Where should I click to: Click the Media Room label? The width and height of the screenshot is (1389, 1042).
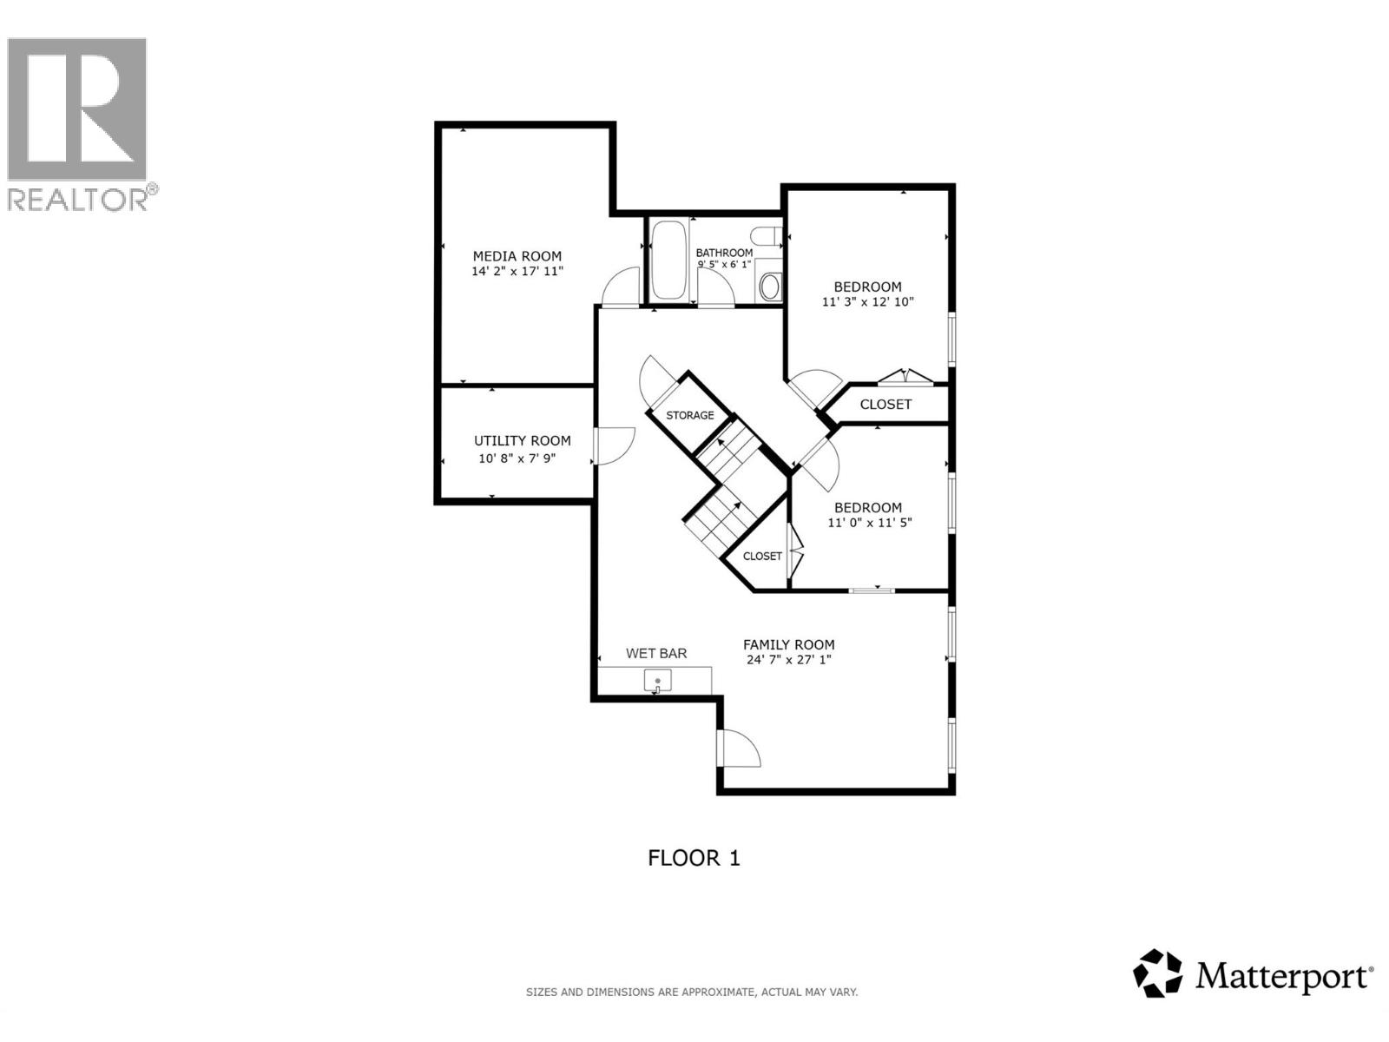517,256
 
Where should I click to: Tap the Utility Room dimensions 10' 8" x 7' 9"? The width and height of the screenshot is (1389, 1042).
517,458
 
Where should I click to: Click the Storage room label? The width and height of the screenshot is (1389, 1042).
690,415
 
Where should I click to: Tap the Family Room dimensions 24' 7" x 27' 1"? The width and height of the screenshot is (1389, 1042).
789,660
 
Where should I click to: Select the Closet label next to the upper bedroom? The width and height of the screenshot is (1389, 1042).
885,404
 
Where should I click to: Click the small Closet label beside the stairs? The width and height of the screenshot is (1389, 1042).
762,556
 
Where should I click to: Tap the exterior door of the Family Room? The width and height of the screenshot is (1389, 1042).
738,749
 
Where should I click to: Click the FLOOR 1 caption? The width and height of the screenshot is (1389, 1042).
694,858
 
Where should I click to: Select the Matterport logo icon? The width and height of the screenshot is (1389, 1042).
1158,973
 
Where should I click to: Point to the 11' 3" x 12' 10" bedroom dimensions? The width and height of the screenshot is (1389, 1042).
868,302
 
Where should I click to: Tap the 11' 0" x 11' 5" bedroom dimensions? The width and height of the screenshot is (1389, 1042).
869,523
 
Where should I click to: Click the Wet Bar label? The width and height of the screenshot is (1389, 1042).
656,653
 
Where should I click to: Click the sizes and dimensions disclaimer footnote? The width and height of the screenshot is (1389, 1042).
692,992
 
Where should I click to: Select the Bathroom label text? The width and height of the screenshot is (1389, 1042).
724,253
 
